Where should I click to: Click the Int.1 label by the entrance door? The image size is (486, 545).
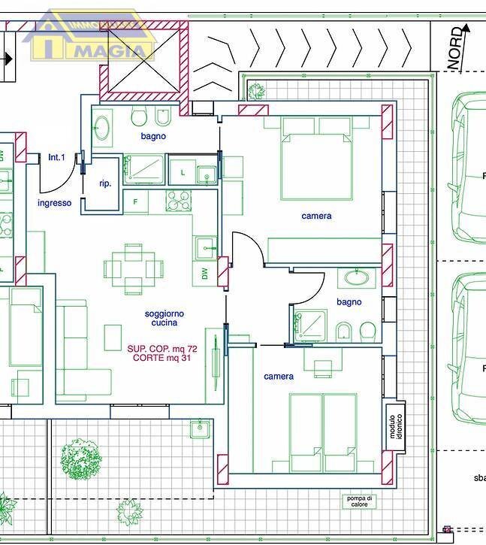coord(57,157)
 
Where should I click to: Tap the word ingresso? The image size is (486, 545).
coord(55,203)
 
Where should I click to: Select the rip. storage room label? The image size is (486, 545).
coord(105,183)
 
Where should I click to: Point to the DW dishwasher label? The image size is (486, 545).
coord(204,275)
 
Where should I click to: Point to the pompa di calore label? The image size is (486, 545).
coord(359,502)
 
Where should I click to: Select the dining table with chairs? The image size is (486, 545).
coord(134,266)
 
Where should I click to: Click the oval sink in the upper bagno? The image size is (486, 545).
coord(103,129)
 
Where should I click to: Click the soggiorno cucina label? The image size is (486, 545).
coord(165,318)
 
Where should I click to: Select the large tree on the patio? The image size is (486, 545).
coord(81,458)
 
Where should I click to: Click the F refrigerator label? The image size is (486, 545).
coord(135,201)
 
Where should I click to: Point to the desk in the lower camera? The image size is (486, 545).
coord(322,368)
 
